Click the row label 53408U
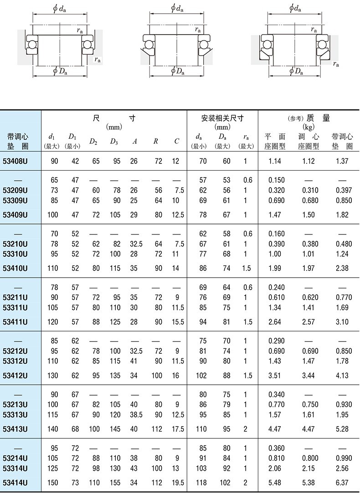click(x=15, y=161)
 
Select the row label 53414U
click(x=15, y=483)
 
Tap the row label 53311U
click(x=15, y=308)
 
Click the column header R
click(x=155, y=142)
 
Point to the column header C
click(x=177, y=142)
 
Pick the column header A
click(x=134, y=142)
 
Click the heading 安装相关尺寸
click(x=222, y=118)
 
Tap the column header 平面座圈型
click(x=275, y=141)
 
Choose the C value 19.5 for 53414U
click(x=178, y=483)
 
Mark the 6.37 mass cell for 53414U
click(x=342, y=483)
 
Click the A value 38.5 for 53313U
click(x=136, y=415)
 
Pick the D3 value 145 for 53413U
click(x=115, y=429)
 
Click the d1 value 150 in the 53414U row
click(x=54, y=483)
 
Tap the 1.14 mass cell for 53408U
click(x=275, y=161)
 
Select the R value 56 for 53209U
click(x=158, y=190)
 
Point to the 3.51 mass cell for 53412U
click(x=275, y=376)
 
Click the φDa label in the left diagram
click(x=61, y=70)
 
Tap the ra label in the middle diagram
click(x=198, y=30)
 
